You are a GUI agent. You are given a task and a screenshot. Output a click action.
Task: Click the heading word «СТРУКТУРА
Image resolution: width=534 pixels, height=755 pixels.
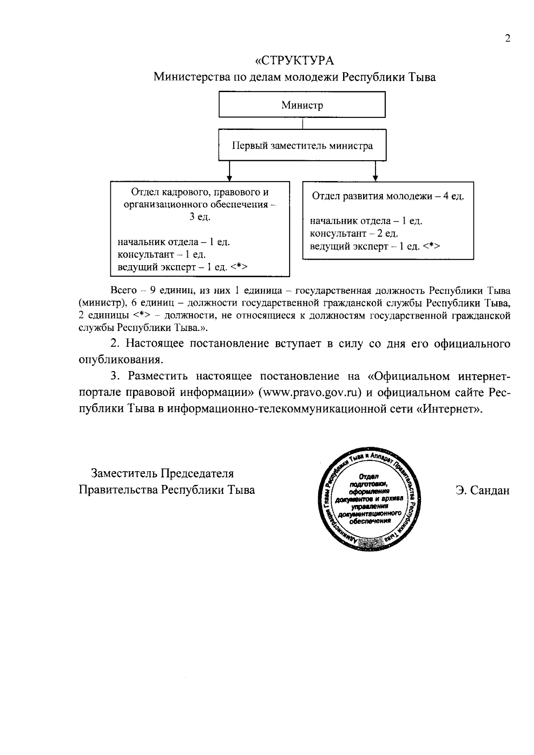tap(294, 60)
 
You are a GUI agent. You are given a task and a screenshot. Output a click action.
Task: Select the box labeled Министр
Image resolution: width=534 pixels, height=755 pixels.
tap(302, 105)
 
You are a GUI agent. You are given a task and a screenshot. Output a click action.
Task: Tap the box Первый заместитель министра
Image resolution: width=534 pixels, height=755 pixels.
tap(302, 145)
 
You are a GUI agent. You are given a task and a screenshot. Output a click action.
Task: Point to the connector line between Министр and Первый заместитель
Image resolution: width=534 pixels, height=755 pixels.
tap(303, 123)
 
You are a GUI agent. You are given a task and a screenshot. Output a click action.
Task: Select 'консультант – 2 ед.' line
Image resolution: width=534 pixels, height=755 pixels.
tap(354, 234)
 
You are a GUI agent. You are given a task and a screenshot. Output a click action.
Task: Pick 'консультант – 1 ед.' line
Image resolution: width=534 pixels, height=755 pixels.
tap(162, 254)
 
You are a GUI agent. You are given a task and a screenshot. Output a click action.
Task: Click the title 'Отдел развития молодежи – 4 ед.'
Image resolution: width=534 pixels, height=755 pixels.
tap(388, 196)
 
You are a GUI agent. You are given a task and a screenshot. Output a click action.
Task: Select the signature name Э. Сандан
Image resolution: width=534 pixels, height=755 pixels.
tap(482, 490)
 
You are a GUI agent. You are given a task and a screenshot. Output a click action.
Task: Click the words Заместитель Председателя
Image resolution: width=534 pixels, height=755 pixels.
tap(162, 473)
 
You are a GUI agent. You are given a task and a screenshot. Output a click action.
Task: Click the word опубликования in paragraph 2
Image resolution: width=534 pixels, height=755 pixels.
tap(119, 359)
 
